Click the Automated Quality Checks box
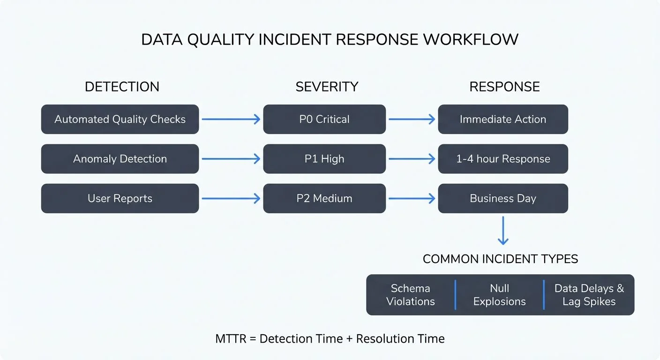coord(120,120)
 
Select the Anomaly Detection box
coord(120,159)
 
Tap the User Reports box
coord(120,198)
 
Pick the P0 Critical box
coord(324,120)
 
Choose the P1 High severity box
coord(324,159)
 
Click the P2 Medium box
coord(324,198)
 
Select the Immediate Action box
coord(503,120)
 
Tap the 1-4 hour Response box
coord(503,159)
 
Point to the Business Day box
coord(503,198)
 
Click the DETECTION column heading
coord(122,87)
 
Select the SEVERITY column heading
coord(327,87)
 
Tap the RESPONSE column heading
coord(504,87)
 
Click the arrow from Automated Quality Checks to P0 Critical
coord(231,120)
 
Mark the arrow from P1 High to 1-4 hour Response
coord(412,159)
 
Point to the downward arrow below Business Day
coord(503,231)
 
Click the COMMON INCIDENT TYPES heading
coord(500,259)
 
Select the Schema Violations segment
coord(411,295)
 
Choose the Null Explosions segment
coord(499,295)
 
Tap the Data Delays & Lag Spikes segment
coord(589,295)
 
